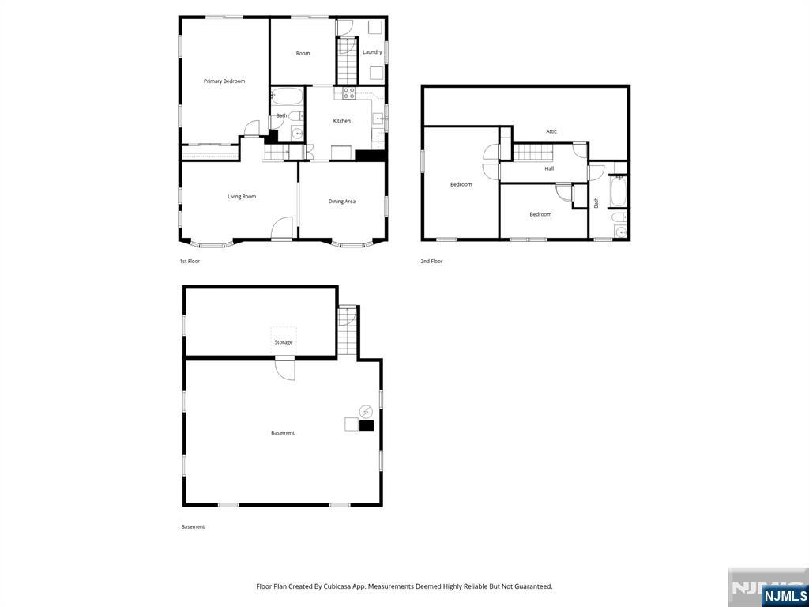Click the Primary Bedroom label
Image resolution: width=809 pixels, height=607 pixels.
224,81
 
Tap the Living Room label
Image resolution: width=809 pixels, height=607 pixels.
242,197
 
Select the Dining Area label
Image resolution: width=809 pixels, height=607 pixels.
342,202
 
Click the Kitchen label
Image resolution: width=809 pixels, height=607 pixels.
341,121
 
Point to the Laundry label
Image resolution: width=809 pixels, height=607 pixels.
372,53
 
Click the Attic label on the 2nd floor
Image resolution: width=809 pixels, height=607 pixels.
551,131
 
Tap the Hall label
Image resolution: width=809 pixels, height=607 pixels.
549,168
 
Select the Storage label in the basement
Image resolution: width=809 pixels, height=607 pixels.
284,342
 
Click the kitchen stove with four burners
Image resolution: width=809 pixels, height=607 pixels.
348,92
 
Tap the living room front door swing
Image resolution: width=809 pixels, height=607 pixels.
281,228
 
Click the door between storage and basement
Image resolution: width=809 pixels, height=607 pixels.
285,368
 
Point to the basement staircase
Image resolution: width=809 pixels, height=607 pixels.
348,331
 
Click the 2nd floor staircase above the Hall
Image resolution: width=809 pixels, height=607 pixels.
533,152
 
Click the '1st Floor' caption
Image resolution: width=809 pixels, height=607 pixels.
190,261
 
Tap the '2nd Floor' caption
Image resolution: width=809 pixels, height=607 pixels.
431,261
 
